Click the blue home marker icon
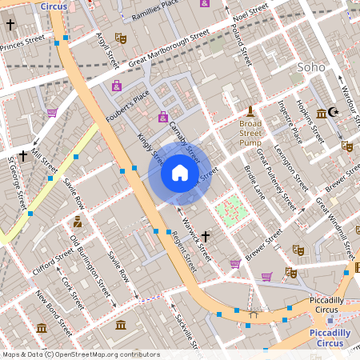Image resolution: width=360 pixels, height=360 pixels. tap(180, 172)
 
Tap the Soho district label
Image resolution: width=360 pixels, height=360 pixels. tap(311, 67)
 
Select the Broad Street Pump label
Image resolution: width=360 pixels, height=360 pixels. tap(250, 133)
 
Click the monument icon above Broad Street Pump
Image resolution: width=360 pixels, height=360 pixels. tap(250, 110)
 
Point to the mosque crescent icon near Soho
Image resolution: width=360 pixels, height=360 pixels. tap(334, 113)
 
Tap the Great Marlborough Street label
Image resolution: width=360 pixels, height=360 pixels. tap(169, 49)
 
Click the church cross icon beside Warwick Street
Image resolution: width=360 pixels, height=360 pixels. tap(206, 236)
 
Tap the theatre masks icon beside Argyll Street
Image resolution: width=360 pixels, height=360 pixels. tap(121, 38)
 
